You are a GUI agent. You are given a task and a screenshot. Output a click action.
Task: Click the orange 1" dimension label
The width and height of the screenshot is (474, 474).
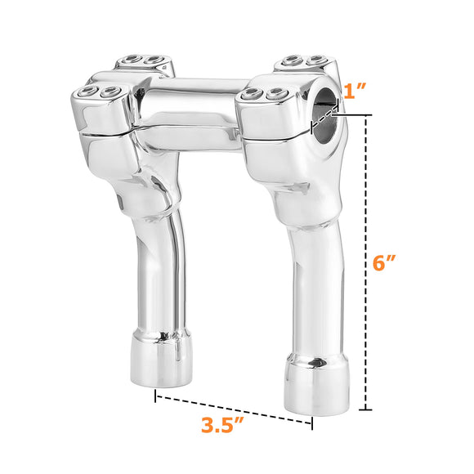click(x=357, y=91)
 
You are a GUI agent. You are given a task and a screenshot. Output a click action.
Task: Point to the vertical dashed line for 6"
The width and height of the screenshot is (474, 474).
click(x=368, y=262)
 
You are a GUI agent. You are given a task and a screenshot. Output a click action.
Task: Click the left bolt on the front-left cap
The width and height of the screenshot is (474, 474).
click(x=90, y=92)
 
